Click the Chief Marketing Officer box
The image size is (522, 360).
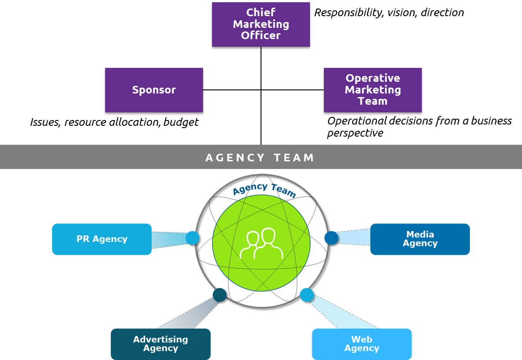pyautogui.click(x=261, y=24)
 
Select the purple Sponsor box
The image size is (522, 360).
pyautogui.click(x=154, y=90)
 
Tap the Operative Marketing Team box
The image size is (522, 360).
pyautogui.click(x=372, y=90)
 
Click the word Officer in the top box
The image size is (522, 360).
pyautogui.click(x=261, y=36)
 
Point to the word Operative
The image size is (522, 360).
pyautogui.click(x=372, y=78)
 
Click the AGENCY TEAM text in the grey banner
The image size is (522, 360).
pyautogui.click(x=260, y=158)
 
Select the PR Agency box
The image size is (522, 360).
pyautogui.click(x=102, y=239)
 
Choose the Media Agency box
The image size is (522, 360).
pyautogui.click(x=420, y=239)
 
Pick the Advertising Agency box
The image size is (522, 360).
pyautogui.click(x=160, y=344)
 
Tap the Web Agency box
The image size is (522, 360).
pyautogui.click(x=362, y=344)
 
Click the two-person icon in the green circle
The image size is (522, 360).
pyautogui.click(x=261, y=244)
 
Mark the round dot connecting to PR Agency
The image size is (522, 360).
pyautogui.click(x=192, y=238)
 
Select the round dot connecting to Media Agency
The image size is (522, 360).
pyautogui.click(x=331, y=238)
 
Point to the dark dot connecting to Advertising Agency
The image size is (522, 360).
pyautogui.click(x=220, y=295)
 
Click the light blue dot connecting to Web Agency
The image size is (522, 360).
pyautogui.click(x=306, y=295)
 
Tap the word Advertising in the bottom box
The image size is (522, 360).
pyautogui.click(x=160, y=339)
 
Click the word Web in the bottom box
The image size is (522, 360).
pyautogui.click(x=362, y=339)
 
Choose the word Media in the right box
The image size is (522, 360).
pyautogui.click(x=420, y=234)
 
